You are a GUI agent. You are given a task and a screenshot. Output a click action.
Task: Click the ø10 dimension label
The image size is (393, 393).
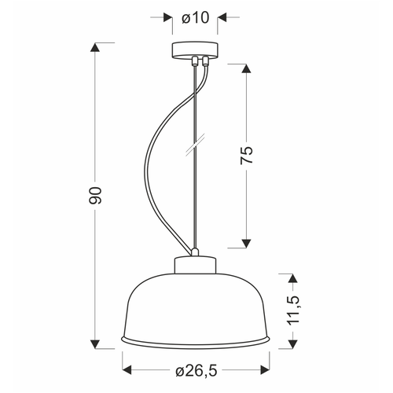click(196, 18)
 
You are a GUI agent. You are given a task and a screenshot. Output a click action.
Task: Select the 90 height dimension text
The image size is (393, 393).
click(95, 195)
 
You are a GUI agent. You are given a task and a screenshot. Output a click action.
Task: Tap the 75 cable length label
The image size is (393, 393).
click(247, 156)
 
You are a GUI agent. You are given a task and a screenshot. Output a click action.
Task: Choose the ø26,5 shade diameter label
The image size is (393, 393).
click(196, 371)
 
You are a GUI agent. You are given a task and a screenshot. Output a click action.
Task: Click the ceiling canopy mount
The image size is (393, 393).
click(195, 50)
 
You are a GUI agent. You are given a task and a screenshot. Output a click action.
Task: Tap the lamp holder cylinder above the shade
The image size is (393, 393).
click(196, 265)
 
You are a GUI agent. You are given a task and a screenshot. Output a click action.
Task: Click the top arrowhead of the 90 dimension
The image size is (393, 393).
click(95, 47)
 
